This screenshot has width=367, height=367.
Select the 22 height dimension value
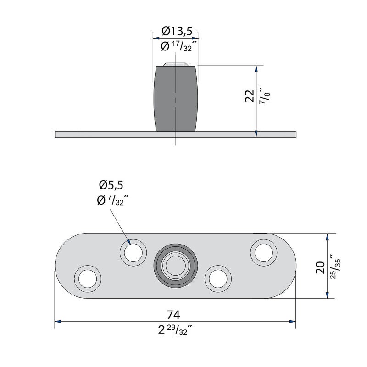pyautogui.click(x=250, y=96)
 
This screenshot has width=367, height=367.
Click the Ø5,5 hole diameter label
pyautogui.click(x=111, y=185)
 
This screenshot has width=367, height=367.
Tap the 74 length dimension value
pyautogui.click(x=173, y=314)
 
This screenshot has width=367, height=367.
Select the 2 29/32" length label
pyautogui.click(x=173, y=329)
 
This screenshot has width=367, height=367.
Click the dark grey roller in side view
pyautogui.click(x=176, y=99)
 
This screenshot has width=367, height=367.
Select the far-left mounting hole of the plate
pyautogui.click(x=88, y=278)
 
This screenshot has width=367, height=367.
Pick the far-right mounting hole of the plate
pyautogui.click(x=263, y=252)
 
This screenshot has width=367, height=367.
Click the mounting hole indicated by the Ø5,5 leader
pyautogui.click(x=133, y=252)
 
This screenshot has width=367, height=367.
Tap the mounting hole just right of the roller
pyautogui.click(x=218, y=278)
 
